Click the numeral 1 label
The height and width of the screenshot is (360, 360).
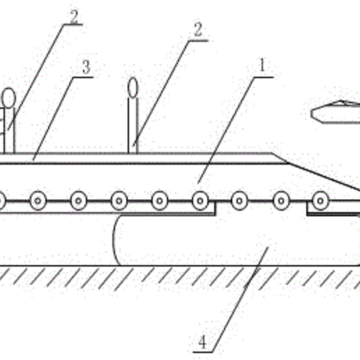(262, 65)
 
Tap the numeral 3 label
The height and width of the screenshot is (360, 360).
(87, 67)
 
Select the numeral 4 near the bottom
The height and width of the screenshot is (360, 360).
(202, 342)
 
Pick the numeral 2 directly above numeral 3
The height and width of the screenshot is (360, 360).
(74, 17)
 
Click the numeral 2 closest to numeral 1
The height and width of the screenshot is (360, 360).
(198, 29)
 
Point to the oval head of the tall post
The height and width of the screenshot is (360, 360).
(133, 88)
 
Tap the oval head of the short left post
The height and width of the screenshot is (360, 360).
(9, 98)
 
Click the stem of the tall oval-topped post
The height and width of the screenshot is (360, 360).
(133, 126)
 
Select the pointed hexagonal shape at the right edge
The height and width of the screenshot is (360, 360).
(336, 112)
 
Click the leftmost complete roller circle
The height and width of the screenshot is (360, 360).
(38, 201)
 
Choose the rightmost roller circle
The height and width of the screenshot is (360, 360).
(320, 201)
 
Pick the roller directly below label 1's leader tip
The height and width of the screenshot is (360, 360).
(200, 201)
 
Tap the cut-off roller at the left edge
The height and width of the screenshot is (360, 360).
(2, 201)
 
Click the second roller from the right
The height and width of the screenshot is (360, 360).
(281, 201)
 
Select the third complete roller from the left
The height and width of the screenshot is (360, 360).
(119, 201)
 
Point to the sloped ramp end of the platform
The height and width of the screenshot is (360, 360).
(316, 172)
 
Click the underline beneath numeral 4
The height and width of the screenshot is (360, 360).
(202, 352)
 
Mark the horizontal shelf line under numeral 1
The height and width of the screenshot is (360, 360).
(264, 77)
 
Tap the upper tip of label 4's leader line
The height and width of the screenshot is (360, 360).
(268, 248)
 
